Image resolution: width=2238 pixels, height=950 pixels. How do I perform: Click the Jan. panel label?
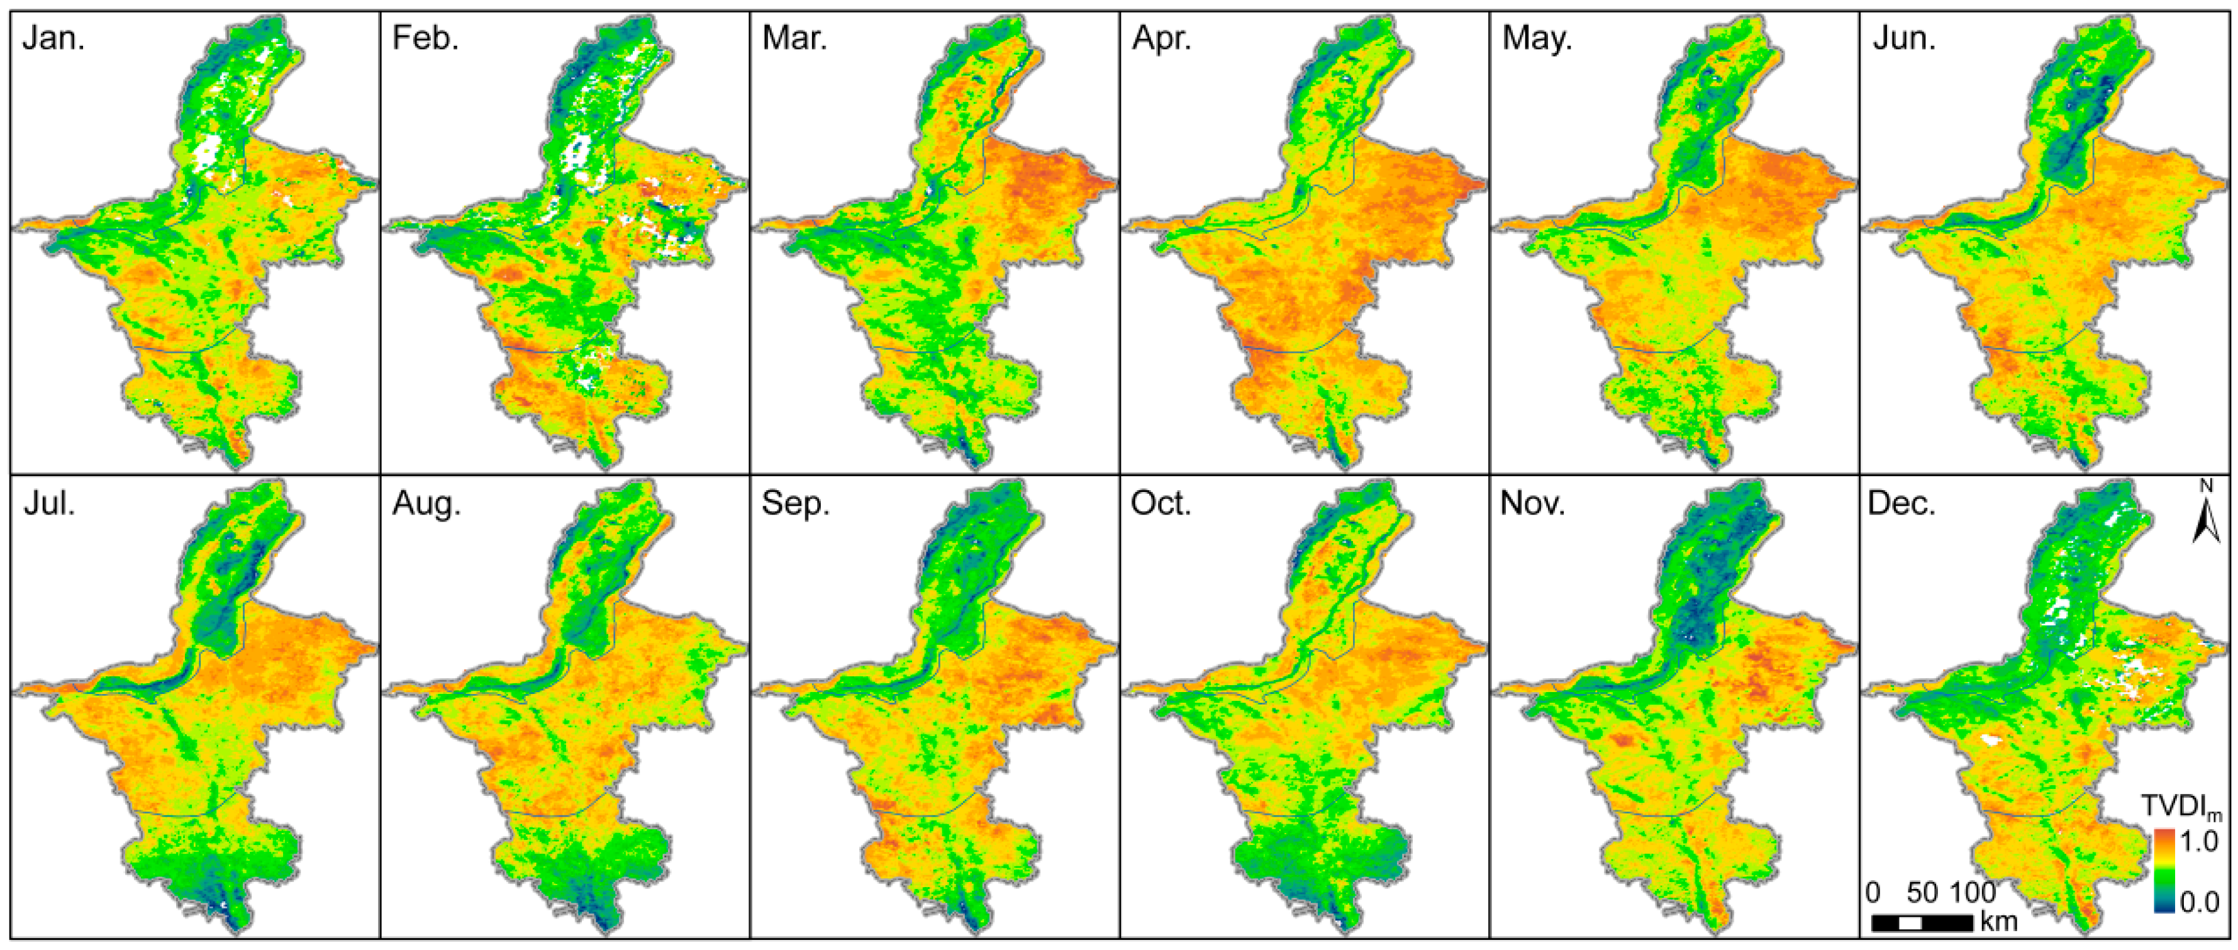54,39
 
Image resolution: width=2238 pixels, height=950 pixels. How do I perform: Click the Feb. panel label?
425,39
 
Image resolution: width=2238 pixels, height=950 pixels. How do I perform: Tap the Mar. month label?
794,39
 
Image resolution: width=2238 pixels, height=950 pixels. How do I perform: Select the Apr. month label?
1162,39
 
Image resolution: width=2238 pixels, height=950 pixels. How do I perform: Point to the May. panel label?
1537,39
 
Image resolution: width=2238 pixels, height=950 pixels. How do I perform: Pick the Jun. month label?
1903,39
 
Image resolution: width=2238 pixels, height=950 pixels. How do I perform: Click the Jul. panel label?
50,504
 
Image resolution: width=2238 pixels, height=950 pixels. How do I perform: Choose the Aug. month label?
426,504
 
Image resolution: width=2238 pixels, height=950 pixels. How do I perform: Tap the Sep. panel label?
796,504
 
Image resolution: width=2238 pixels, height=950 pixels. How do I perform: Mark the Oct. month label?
1161,504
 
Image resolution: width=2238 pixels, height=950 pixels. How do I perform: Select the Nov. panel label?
1532,504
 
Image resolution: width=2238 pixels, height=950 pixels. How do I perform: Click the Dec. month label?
1901,504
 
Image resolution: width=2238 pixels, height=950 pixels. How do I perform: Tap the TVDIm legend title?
2181,807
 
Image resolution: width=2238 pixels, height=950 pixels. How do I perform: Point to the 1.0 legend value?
2199,841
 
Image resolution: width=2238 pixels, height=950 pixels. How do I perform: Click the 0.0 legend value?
2200,902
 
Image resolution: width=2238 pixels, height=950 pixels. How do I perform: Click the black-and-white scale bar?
1922,922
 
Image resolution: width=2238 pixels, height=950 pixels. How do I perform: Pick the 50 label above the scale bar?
1922,893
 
